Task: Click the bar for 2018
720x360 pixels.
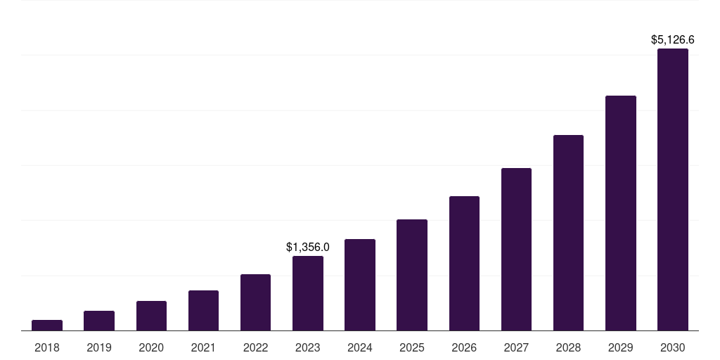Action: click(x=47, y=325)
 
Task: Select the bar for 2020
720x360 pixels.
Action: click(x=151, y=316)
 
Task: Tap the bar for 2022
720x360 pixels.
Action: click(x=255, y=302)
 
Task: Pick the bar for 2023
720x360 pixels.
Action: click(x=308, y=293)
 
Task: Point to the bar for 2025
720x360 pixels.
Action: click(x=412, y=275)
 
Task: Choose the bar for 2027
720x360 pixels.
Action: click(x=516, y=249)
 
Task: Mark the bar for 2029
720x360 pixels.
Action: click(x=620, y=213)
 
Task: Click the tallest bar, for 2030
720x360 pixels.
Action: click(x=673, y=190)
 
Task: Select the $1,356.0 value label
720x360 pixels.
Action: click(x=308, y=247)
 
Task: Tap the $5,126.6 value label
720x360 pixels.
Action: click(x=673, y=40)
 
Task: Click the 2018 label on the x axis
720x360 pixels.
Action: click(x=47, y=347)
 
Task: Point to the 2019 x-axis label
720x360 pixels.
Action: click(x=99, y=347)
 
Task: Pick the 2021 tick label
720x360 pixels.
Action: click(x=203, y=347)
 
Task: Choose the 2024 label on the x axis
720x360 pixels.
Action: click(x=360, y=347)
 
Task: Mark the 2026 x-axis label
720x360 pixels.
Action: click(x=464, y=347)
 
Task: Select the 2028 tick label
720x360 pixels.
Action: click(x=568, y=347)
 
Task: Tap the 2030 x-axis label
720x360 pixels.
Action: click(x=673, y=347)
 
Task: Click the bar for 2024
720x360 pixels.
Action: click(x=360, y=285)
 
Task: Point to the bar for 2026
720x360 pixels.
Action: click(x=464, y=263)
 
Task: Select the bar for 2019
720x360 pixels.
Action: click(x=99, y=321)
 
